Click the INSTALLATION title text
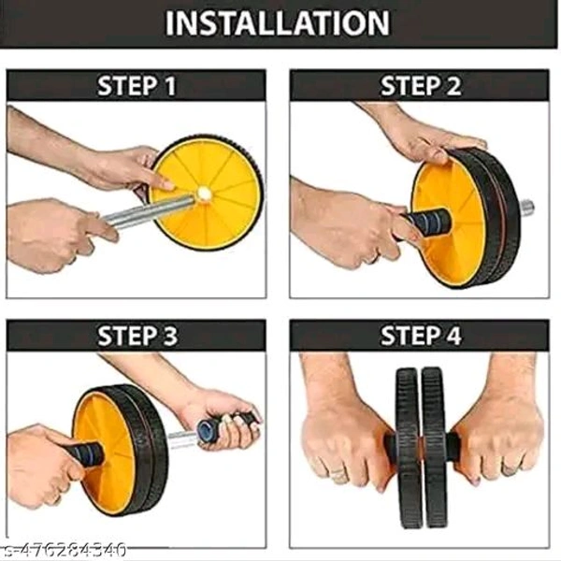pos(278,22)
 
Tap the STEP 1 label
pos(137,86)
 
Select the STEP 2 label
pos(421,86)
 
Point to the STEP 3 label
pos(137,336)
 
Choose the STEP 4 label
pos(421,336)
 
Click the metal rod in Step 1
pos(151,211)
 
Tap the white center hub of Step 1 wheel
pos(204,194)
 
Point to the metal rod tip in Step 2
pos(526,208)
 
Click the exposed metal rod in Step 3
pos(182,439)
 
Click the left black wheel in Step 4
pos(407,448)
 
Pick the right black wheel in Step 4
pos(434,448)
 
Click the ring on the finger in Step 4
pos(338,474)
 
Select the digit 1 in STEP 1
pos(171,86)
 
